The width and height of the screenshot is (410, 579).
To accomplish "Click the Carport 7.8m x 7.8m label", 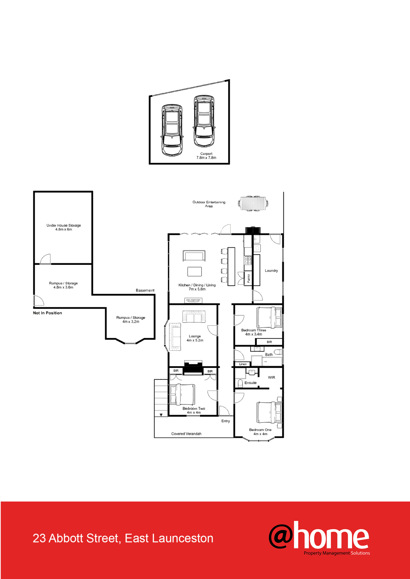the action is [x=206, y=156].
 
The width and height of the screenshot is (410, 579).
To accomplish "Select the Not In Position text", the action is [x=47, y=313].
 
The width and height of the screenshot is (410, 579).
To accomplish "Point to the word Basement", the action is [x=145, y=290].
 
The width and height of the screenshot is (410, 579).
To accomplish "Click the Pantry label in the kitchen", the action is [x=249, y=278].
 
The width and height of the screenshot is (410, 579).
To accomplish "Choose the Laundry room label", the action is [x=271, y=271].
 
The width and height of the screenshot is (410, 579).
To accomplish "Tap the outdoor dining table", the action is [x=253, y=203].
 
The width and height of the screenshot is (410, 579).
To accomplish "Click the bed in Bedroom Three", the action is [x=269, y=317].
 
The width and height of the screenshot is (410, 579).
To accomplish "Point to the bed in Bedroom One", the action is [x=269, y=413].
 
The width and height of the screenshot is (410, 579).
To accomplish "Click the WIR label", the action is [x=272, y=377].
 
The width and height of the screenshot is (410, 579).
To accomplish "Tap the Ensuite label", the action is [x=251, y=383].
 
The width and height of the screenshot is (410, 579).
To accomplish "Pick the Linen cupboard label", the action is [x=243, y=364].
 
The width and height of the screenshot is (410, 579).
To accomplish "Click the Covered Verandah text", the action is [x=186, y=434].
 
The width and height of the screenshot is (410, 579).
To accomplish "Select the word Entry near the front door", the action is [x=226, y=421].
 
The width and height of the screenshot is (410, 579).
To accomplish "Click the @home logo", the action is [x=319, y=538].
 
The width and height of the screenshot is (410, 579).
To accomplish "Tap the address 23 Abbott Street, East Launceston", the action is [x=123, y=538].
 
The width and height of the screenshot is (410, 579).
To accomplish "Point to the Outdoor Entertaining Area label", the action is [x=209, y=204].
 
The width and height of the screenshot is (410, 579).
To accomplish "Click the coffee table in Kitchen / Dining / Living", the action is [x=195, y=271].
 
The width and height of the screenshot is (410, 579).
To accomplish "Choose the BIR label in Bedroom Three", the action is [x=269, y=342].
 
